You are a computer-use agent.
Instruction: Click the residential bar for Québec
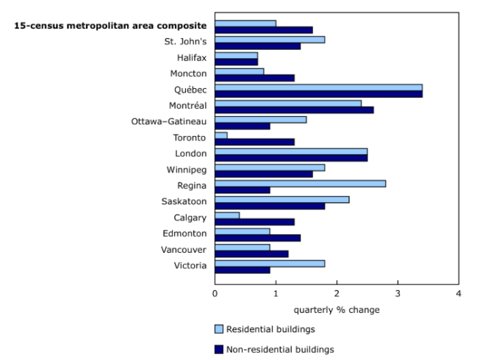(x=318, y=87)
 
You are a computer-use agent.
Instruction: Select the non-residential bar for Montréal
(x=294, y=110)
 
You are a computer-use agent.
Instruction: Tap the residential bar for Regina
(x=300, y=182)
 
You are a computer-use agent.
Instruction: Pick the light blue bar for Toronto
(x=221, y=135)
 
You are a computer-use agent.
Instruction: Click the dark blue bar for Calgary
(x=254, y=221)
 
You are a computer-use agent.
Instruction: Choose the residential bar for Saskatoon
(x=281, y=198)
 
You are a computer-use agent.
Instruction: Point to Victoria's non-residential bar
(x=242, y=269)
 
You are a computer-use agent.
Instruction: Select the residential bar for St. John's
(x=270, y=40)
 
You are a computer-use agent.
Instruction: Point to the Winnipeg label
(x=186, y=169)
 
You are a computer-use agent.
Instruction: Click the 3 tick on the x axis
(x=398, y=294)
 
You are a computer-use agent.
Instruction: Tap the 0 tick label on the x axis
(x=215, y=294)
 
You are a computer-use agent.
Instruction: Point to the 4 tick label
(x=459, y=294)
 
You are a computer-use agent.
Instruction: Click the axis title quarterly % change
(x=337, y=309)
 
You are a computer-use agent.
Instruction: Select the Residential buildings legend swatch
(x=219, y=328)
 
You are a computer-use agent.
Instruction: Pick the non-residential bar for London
(x=291, y=158)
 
